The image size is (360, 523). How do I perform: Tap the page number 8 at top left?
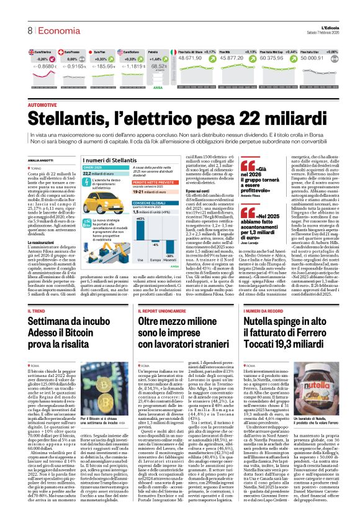coord(29,30)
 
